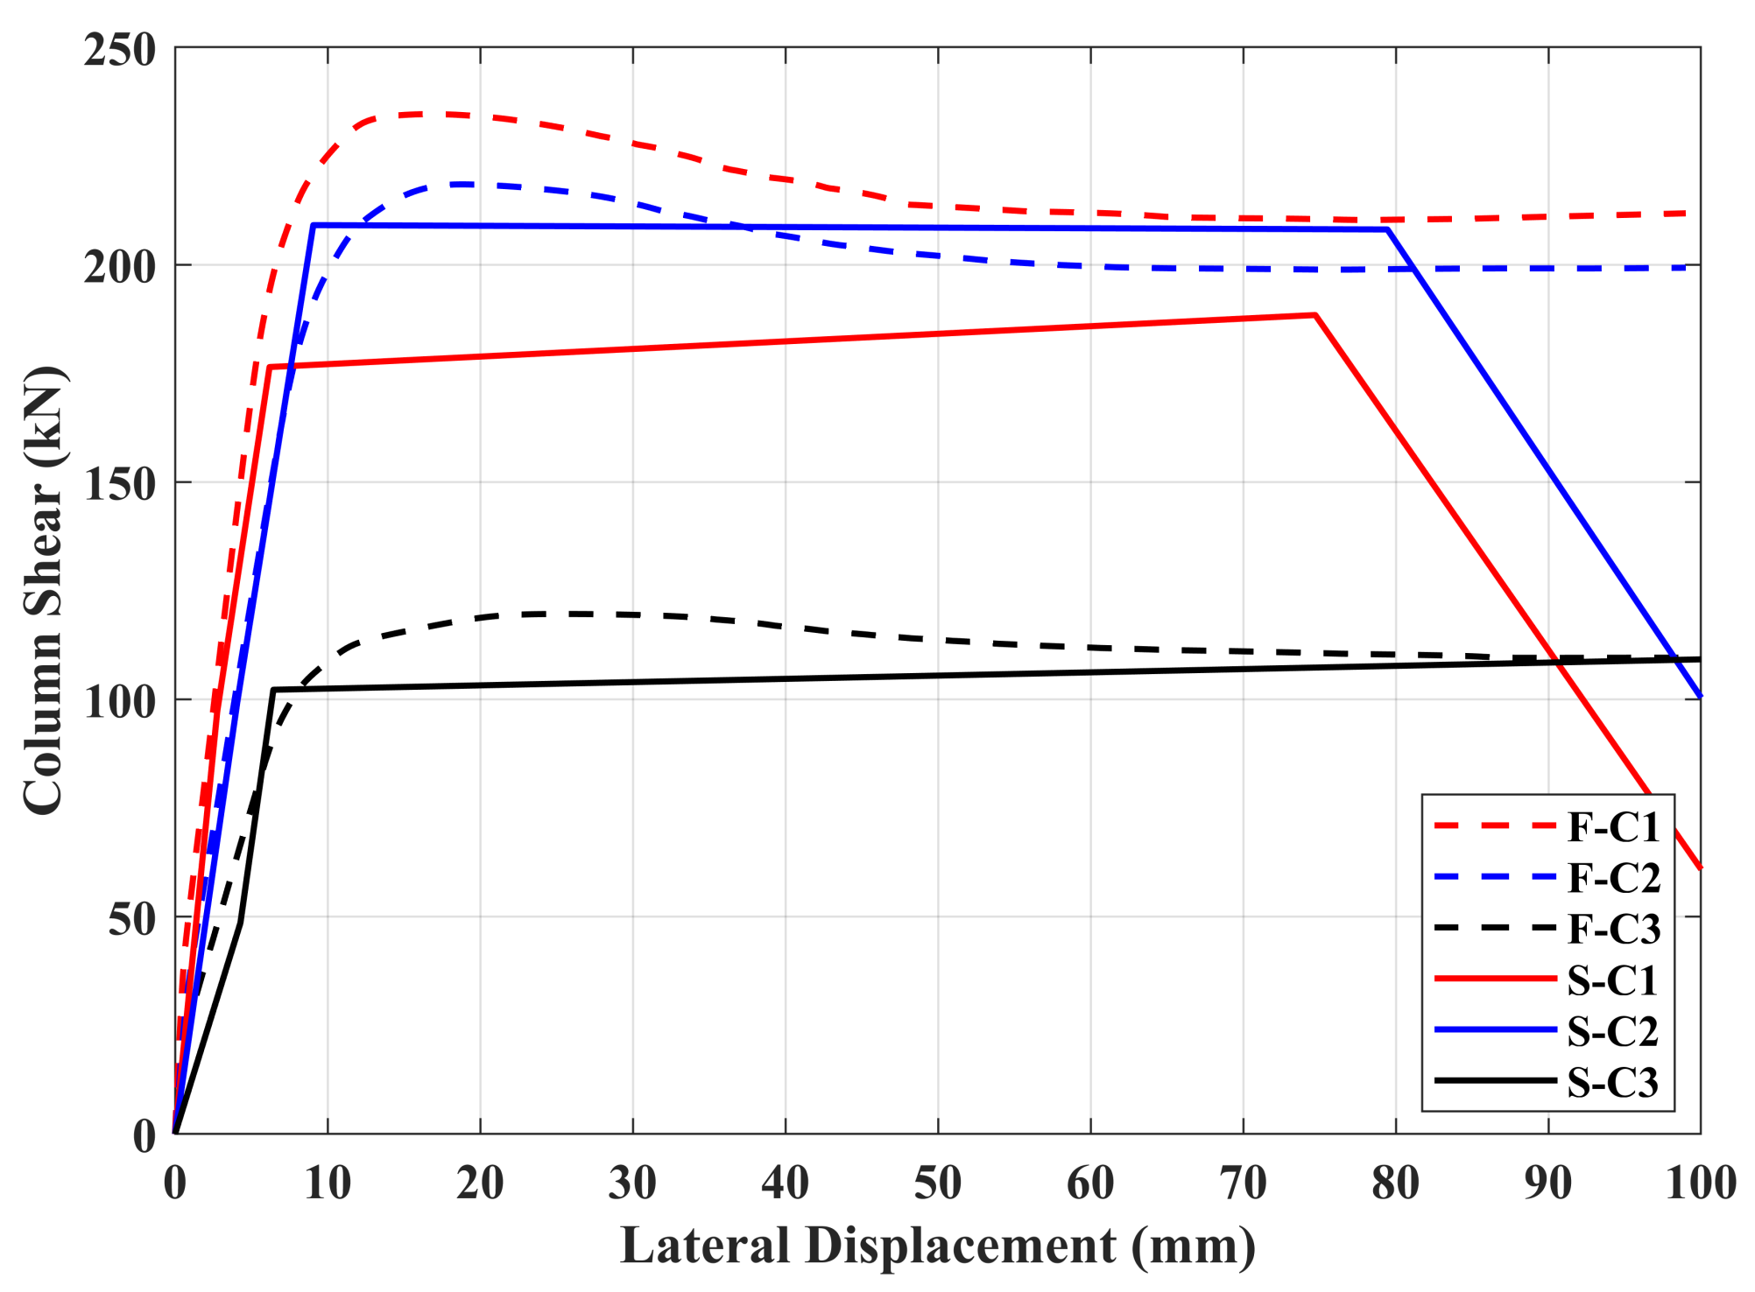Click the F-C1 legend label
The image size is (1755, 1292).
[1612, 827]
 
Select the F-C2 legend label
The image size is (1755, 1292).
[1612, 878]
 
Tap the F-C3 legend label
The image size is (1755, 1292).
[1612, 929]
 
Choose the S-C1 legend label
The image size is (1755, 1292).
[1611, 980]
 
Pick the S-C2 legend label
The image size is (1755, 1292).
[1611, 1031]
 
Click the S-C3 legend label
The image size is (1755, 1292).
[1611, 1083]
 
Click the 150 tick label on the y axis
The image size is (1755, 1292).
[120, 483]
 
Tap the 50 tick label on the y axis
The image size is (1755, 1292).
[131, 918]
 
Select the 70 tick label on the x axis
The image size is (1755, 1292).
[1243, 1183]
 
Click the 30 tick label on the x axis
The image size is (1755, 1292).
[632, 1183]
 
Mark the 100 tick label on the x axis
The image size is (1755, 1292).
[1700, 1183]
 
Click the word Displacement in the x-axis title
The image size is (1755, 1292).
[960, 1246]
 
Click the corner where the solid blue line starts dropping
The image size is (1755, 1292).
[1386, 229]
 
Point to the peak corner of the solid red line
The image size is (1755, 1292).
[1314, 315]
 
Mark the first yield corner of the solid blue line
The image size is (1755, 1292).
[313, 226]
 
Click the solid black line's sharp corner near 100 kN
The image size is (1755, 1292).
[273, 690]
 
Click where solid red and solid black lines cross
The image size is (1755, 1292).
[1558, 664]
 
